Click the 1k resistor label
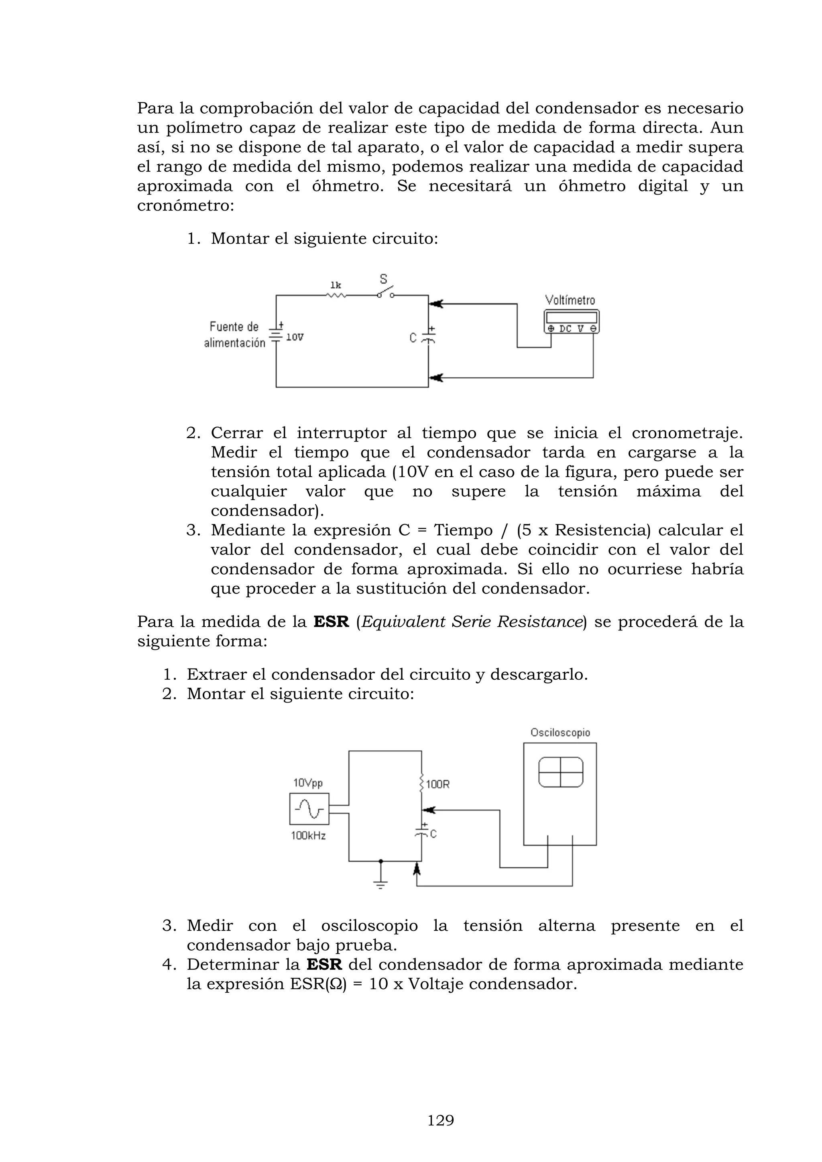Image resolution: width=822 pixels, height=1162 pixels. pyautogui.click(x=336, y=285)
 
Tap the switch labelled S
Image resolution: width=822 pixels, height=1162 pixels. pyautogui.click(x=386, y=293)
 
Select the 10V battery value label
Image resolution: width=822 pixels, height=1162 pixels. pyautogui.click(x=295, y=337)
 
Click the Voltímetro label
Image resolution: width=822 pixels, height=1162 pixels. pyautogui.click(x=570, y=300)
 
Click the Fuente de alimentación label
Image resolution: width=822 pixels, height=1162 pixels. pyautogui.click(x=234, y=335)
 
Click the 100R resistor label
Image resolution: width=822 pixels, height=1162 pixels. pyautogui.click(x=438, y=784)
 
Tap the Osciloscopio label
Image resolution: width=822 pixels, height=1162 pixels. pyautogui.click(x=560, y=732)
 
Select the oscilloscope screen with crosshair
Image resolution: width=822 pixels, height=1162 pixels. pyautogui.click(x=560, y=772)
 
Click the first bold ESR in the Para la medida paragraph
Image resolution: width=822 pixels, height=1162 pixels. pyautogui.click(x=332, y=622)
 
